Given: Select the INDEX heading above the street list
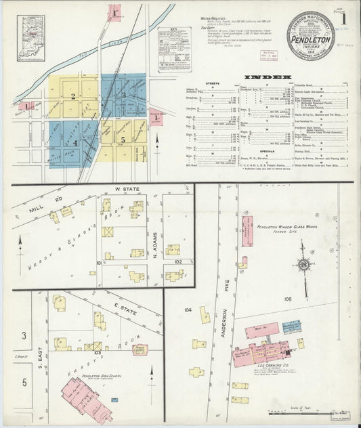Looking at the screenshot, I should tap(268, 77).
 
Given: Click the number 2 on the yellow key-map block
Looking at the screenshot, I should tap(72, 96).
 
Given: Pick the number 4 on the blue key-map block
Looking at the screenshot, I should tap(76, 143).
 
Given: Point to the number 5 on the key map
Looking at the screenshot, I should tap(123, 140).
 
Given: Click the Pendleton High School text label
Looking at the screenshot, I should tap(99, 374).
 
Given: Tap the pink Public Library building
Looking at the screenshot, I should tap(140, 349).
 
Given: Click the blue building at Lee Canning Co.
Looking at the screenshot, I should tap(292, 328).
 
